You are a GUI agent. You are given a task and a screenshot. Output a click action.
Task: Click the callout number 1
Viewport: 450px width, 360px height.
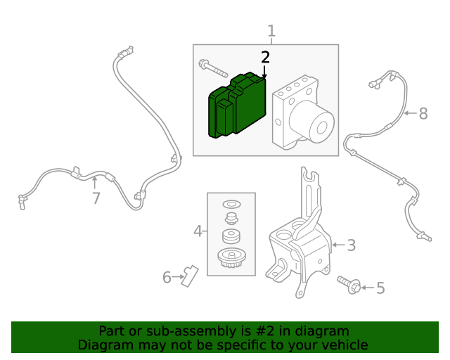pos(271,32)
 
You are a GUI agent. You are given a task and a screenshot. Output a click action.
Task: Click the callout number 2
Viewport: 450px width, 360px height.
pos(265,58)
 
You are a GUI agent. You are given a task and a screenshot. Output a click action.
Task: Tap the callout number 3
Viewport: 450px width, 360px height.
pos(351,245)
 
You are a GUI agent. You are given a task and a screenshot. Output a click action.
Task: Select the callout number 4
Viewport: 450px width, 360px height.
pos(198,231)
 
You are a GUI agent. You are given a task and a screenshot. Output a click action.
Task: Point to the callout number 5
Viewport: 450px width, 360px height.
pos(380,288)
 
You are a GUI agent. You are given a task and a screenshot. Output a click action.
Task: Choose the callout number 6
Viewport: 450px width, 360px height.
pos(167,278)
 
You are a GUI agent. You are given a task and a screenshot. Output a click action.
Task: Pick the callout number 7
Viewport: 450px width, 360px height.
pos(96,198)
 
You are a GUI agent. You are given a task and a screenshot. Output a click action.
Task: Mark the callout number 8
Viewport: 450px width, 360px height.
pos(423,113)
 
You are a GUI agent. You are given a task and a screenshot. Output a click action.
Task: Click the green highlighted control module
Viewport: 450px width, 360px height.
pos(237,105)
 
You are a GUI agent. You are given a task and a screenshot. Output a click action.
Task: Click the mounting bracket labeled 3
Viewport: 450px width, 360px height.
pos(299,246)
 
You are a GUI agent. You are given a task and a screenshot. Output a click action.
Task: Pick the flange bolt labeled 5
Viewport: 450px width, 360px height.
pos(349,285)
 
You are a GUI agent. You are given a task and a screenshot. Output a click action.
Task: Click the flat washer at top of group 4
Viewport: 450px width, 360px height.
pos(231,205)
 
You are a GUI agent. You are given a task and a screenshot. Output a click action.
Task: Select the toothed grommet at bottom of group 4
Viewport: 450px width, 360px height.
pos(231,258)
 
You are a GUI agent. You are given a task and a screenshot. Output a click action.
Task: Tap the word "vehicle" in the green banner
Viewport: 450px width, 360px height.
pos(343,345)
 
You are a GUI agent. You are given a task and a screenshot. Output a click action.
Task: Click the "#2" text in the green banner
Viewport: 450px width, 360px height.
pos(266,331)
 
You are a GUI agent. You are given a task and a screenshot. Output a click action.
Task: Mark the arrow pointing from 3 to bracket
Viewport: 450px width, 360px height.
pos(337,245)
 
